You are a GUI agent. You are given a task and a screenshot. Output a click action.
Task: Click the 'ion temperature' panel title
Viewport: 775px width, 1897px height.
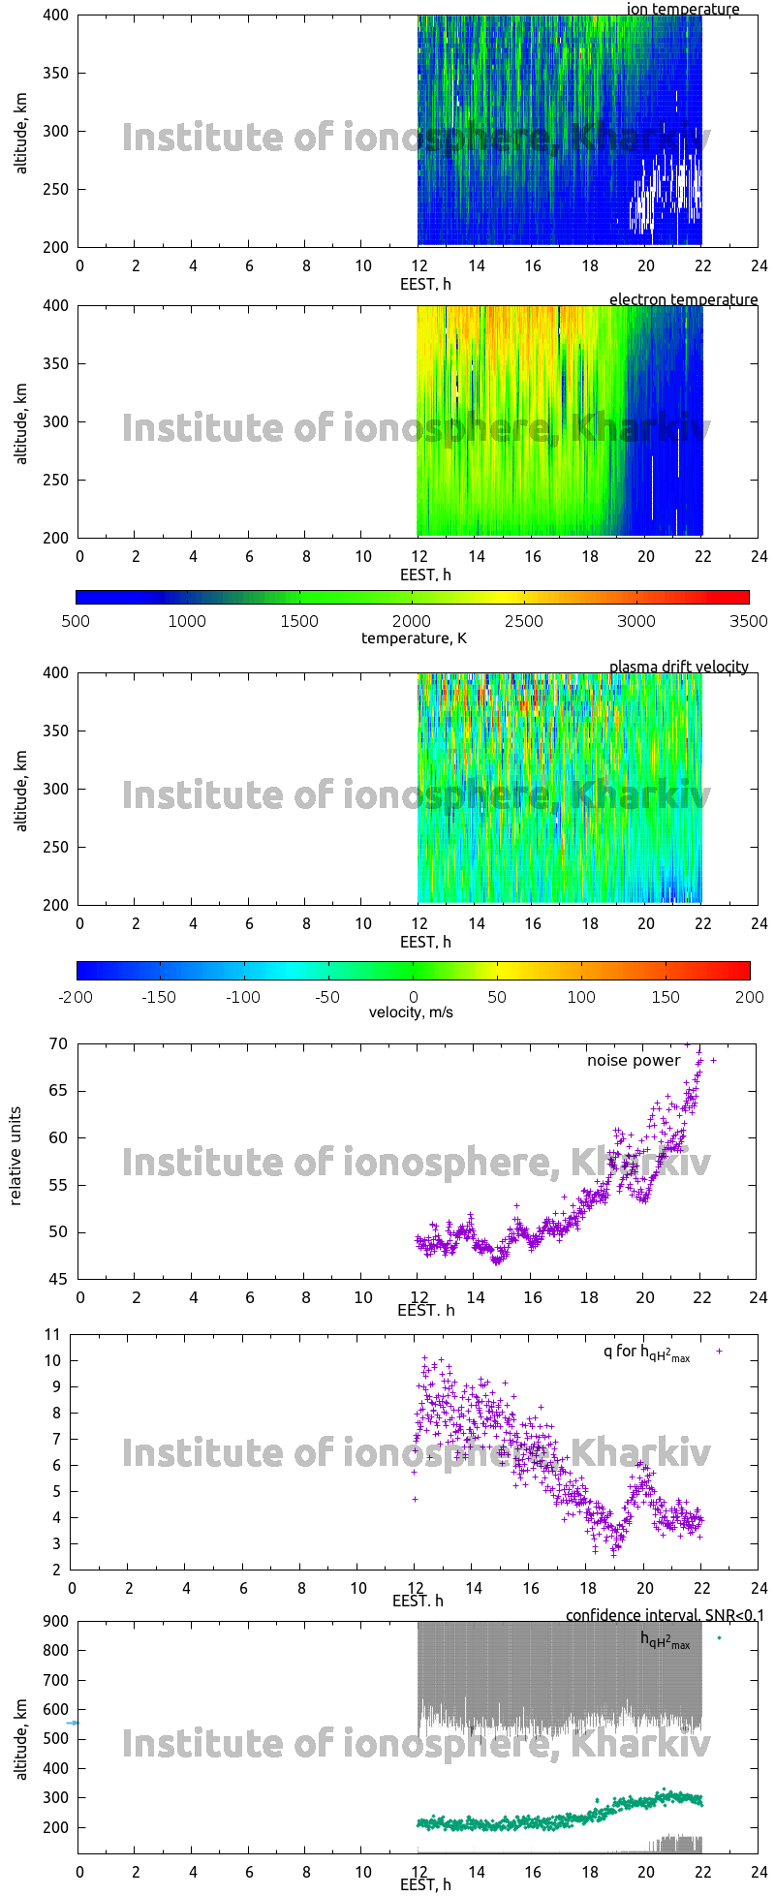pyautogui.click(x=682, y=10)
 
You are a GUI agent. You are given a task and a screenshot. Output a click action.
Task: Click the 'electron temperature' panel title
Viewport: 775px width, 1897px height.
pyautogui.click(x=683, y=300)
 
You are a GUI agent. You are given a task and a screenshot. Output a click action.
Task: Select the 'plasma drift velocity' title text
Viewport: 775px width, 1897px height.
pyautogui.click(x=678, y=668)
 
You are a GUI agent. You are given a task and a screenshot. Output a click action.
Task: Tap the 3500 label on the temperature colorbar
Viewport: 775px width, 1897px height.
pyautogui.click(x=748, y=622)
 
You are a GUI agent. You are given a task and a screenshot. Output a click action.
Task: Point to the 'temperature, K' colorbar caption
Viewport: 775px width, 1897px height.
pyautogui.click(x=414, y=638)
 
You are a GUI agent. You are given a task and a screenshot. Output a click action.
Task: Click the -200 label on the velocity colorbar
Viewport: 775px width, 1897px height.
pyautogui.click(x=77, y=997)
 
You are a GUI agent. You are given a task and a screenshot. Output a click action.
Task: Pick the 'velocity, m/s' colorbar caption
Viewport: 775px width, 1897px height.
pyautogui.click(x=411, y=1013)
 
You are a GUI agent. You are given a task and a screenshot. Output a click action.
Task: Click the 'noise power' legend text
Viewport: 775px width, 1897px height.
pyautogui.click(x=634, y=1061)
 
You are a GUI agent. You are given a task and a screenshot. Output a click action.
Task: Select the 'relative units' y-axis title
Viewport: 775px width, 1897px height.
pyautogui.click(x=15, y=1161)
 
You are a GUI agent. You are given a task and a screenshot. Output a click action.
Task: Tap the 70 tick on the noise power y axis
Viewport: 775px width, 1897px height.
pyautogui.click(x=57, y=1044)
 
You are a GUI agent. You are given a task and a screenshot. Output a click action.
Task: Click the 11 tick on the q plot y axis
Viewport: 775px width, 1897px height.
pyautogui.click(x=52, y=1335)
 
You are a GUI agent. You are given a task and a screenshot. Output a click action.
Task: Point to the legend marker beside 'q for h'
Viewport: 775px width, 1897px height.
pyautogui.click(x=719, y=1351)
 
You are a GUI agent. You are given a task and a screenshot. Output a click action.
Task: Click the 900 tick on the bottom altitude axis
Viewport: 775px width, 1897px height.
pyautogui.click(x=54, y=1622)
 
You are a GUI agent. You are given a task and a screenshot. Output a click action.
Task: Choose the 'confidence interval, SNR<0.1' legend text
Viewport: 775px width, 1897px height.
pyautogui.click(x=665, y=1616)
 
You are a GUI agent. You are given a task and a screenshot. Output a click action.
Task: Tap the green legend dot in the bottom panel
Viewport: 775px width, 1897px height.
pyautogui.click(x=719, y=1638)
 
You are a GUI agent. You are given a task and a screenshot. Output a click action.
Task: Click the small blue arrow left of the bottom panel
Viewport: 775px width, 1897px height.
pyautogui.click(x=72, y=1724)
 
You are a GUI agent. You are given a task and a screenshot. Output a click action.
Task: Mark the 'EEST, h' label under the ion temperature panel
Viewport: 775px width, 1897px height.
pyautogui.click(x=425, y=285)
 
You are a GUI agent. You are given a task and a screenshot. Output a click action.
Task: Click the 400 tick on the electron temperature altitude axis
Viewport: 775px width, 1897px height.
pyautogui.click(x=55, y=306)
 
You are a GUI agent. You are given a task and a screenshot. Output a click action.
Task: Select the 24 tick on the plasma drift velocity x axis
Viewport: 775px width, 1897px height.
pyautogui.click(x=759, y=924)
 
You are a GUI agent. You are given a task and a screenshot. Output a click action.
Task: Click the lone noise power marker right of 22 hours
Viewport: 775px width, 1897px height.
pyautogui.click(x=714, y=1061)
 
